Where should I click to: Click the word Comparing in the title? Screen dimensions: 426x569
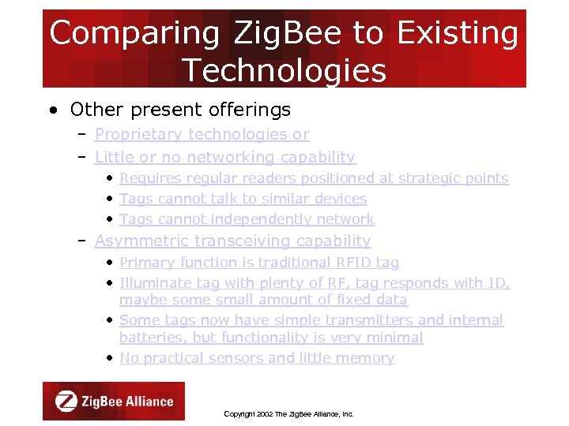[134, 34]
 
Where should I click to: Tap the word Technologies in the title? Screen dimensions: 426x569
[284, 71]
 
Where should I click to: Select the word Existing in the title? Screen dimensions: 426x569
[458, 34]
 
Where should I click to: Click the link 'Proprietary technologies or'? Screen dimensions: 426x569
[202, 135]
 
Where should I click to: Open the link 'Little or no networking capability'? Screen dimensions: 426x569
[224, 158]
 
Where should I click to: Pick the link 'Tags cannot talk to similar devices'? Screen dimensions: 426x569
[243, 199]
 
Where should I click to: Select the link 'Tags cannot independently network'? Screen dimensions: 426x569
[247, 219]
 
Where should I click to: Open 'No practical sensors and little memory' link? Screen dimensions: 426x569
[257, 358]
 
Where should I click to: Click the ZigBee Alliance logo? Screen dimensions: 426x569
[114, 401]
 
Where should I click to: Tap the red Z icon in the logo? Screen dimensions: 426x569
[66, 401]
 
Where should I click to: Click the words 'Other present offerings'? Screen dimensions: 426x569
[180, 110]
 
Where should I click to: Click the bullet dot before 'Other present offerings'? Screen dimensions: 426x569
[51, 110]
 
